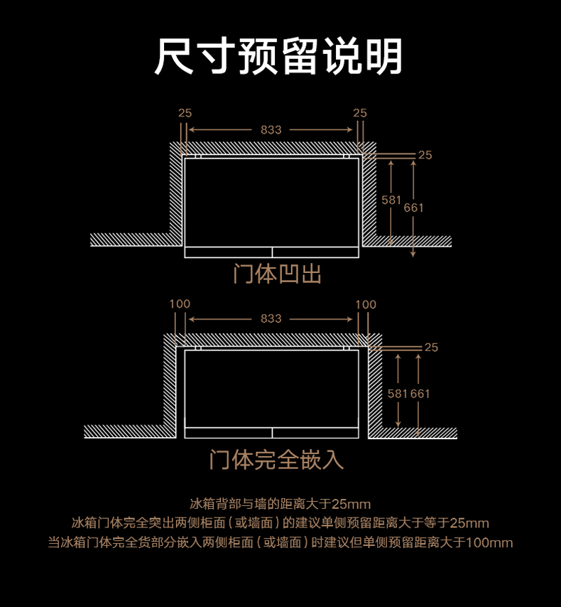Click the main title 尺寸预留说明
[x=278, y=56]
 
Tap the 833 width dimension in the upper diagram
[x=271, y=129]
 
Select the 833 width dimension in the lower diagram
[x=271, y=318]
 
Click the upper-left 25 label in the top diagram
[x=185, y=113]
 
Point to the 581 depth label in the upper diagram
[x=391, y=200]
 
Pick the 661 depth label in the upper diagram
[x=413, y=208]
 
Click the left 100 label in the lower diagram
[x=180, y=304]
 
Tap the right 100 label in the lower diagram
[x=366, y=305]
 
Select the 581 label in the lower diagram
[x=398, y=394]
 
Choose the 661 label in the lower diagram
[x=420, y=394]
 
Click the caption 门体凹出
[x=278, y=274]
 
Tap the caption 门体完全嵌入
[x=277, y=460]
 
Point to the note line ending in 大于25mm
[x=280, y=504]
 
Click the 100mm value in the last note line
[x=489, y=542]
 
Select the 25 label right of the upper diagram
[x=425, y=155]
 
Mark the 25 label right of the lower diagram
[x=431, y=348]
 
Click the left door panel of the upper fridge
[x=228, y=252]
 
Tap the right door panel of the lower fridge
[x=316, y=433]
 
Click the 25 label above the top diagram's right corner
[x=360, y=113]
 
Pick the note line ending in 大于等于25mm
[x=280, y=523]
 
